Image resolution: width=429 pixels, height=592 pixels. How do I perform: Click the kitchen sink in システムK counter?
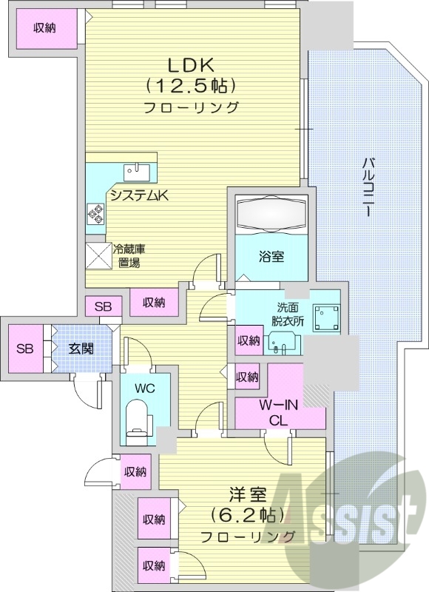[137, 171]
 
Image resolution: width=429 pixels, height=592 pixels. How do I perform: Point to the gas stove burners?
[95, 215]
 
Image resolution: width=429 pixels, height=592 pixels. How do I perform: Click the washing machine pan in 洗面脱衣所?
[325, 319]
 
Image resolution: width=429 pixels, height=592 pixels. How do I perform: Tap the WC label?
[144, 386]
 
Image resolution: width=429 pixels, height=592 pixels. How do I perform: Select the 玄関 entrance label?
[81, 349]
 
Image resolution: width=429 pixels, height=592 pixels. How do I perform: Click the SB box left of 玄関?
[26, 349]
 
